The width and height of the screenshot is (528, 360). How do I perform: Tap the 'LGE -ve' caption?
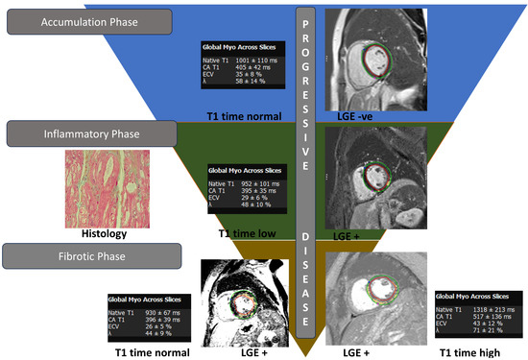click(355, 116)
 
